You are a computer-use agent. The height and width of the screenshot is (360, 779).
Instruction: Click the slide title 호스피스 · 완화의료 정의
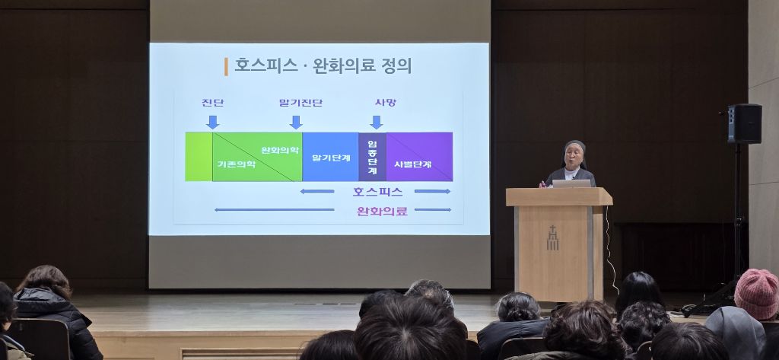coord(323,66)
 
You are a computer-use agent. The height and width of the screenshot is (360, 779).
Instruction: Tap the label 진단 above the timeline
coord(213,103)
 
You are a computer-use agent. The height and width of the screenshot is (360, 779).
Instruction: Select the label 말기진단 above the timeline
coord(300,103)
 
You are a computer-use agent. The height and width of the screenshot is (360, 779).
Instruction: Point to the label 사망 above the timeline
coord(386,103)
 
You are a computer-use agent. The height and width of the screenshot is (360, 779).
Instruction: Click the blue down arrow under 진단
coord(213,123)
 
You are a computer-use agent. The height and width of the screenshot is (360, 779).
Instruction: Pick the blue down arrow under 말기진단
coord(296,123)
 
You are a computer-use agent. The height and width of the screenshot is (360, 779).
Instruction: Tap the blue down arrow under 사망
coord(376,123)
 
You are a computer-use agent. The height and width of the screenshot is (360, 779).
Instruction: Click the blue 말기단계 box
coord(330,157)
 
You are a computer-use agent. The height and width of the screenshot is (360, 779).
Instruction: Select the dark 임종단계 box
coord(373,157)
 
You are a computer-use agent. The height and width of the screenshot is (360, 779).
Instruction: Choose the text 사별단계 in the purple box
coord(413,164)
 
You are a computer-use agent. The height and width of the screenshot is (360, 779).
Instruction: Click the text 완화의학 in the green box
coord(280,150)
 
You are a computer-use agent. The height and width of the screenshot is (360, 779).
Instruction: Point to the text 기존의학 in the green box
coord(237,164)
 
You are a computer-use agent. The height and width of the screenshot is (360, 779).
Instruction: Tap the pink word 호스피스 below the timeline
coord(377,192)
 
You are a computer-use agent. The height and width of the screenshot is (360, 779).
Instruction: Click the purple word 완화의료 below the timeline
coord(382,211)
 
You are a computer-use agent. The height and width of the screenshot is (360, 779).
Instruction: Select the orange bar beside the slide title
coord(226,67)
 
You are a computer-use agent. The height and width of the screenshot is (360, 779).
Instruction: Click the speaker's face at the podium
coord(574,155)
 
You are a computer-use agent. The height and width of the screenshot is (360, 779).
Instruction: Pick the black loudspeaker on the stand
coord(745,124)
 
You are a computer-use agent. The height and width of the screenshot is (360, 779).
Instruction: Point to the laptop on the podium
coord(571,183)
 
